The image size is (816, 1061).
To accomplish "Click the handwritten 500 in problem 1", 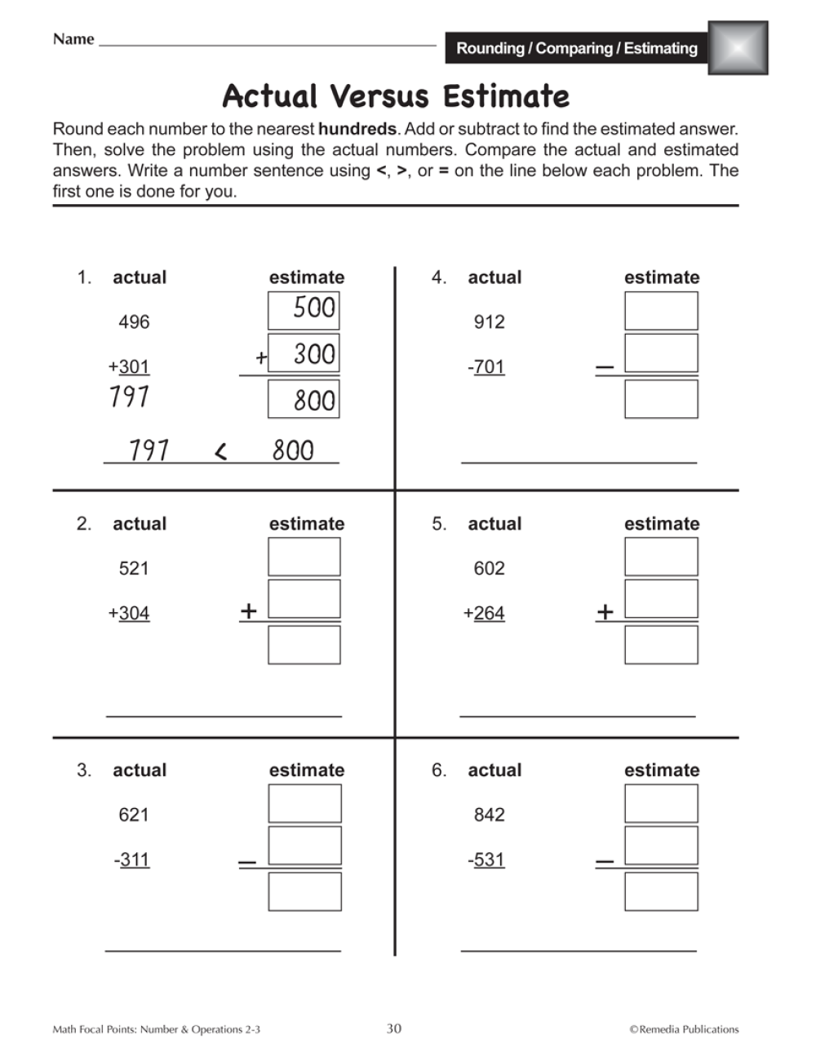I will pos(314,309).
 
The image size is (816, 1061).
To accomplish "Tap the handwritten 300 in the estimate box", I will pos(314,354).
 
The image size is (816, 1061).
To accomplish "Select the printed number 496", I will pos(134,322).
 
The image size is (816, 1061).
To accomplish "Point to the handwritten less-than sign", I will pos(220,451).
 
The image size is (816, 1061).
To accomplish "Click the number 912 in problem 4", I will pos(489,322).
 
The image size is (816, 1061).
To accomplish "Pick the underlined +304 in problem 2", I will pos(129,614).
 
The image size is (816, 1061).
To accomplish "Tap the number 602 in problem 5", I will pos(489,569).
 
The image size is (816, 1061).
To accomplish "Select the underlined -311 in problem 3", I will pos(132,860).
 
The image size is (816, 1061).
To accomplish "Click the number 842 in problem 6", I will pos(489,815).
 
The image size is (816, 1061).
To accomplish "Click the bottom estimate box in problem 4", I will pos(661,399).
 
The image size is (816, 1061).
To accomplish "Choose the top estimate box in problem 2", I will pos(304,557).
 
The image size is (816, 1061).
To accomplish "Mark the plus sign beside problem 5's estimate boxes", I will pos(605,611).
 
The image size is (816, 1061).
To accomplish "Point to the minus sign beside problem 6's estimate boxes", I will pos(605,862).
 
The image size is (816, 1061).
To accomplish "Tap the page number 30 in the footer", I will pos(394,1028).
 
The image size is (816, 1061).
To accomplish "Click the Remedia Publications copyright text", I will pos(684,1029).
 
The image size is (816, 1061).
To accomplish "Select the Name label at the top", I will pos(73,39).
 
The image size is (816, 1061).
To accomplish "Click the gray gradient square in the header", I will pos(738,48).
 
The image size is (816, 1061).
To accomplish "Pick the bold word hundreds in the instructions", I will pos(357,129).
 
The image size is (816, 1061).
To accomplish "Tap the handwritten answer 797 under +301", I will pos(129,397).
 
